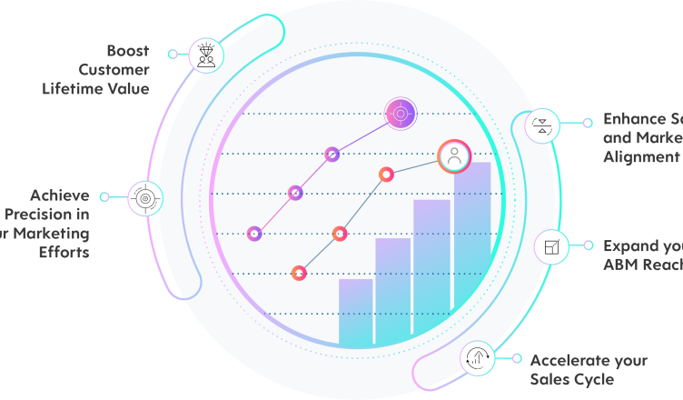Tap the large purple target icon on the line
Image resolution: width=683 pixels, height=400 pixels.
[x=400, y=114]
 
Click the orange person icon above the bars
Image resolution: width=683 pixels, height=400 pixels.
[x=454, y=156]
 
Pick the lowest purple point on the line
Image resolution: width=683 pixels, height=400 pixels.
[x=254, y=234]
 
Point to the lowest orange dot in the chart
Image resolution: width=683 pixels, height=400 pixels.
[x=298, y=273]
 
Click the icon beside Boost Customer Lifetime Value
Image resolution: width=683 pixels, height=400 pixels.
[x=206, y=55]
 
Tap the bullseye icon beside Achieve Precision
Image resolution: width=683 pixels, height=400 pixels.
[x=145, y=197]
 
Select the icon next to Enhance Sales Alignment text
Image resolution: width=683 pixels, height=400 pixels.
[x=542, y=125]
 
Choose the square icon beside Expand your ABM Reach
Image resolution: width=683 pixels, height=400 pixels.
[x=551, y=245]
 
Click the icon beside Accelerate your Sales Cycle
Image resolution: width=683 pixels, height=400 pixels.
[x=478, y=358]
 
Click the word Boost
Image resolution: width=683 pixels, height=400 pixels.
[x=127, y=50]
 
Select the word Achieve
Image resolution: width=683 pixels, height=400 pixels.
[x=60, y=195]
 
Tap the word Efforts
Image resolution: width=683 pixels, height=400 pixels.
[x=64, y=253]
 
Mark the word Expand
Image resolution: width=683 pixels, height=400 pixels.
[x=628, y=245]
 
